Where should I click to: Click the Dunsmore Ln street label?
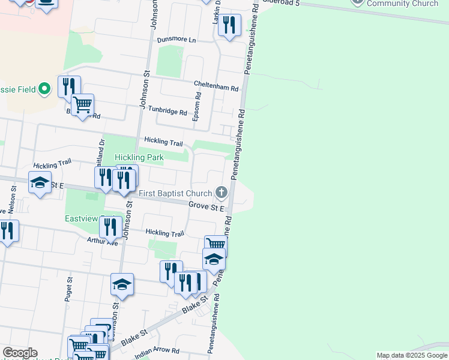click(176, 40)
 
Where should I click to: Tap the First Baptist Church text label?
click(176, 193)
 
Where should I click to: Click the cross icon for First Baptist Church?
click(221, 193)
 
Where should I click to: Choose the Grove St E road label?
click(206, 207)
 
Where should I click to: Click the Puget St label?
click(69, 288)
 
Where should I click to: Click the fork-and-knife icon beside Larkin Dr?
click(229, 25)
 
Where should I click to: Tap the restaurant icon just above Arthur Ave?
click(110, 227)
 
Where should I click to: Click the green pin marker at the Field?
click(44, 90)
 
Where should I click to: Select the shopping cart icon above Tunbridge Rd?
click(82, 105)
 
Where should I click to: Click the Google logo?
click(20, 353)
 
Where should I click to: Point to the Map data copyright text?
click(412, 355)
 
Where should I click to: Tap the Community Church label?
click(402, 4)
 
